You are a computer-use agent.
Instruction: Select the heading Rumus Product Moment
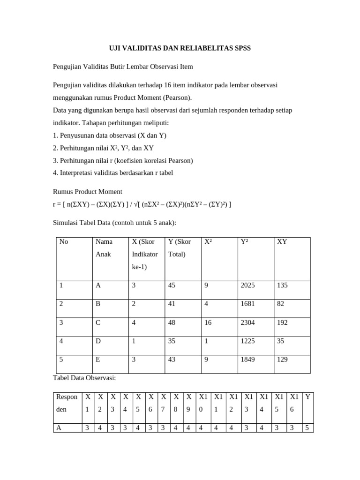coord(88,191)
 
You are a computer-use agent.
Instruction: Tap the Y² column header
coord(244,242)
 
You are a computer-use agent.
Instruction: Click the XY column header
coord(282,242)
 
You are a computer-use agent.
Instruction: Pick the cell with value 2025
coord(247,285)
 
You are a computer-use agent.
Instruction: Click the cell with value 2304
coord(247,322)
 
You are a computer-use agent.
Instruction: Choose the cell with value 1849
coord(247,360)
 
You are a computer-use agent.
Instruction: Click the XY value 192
coord(283,322)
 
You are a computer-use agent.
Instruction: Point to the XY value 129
coord(283,360)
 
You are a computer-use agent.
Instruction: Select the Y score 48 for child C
coord(172,322)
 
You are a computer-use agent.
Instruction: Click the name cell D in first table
coord(98,341)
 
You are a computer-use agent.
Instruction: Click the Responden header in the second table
coord(67,403)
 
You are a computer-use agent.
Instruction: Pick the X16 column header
coord(294,403)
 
